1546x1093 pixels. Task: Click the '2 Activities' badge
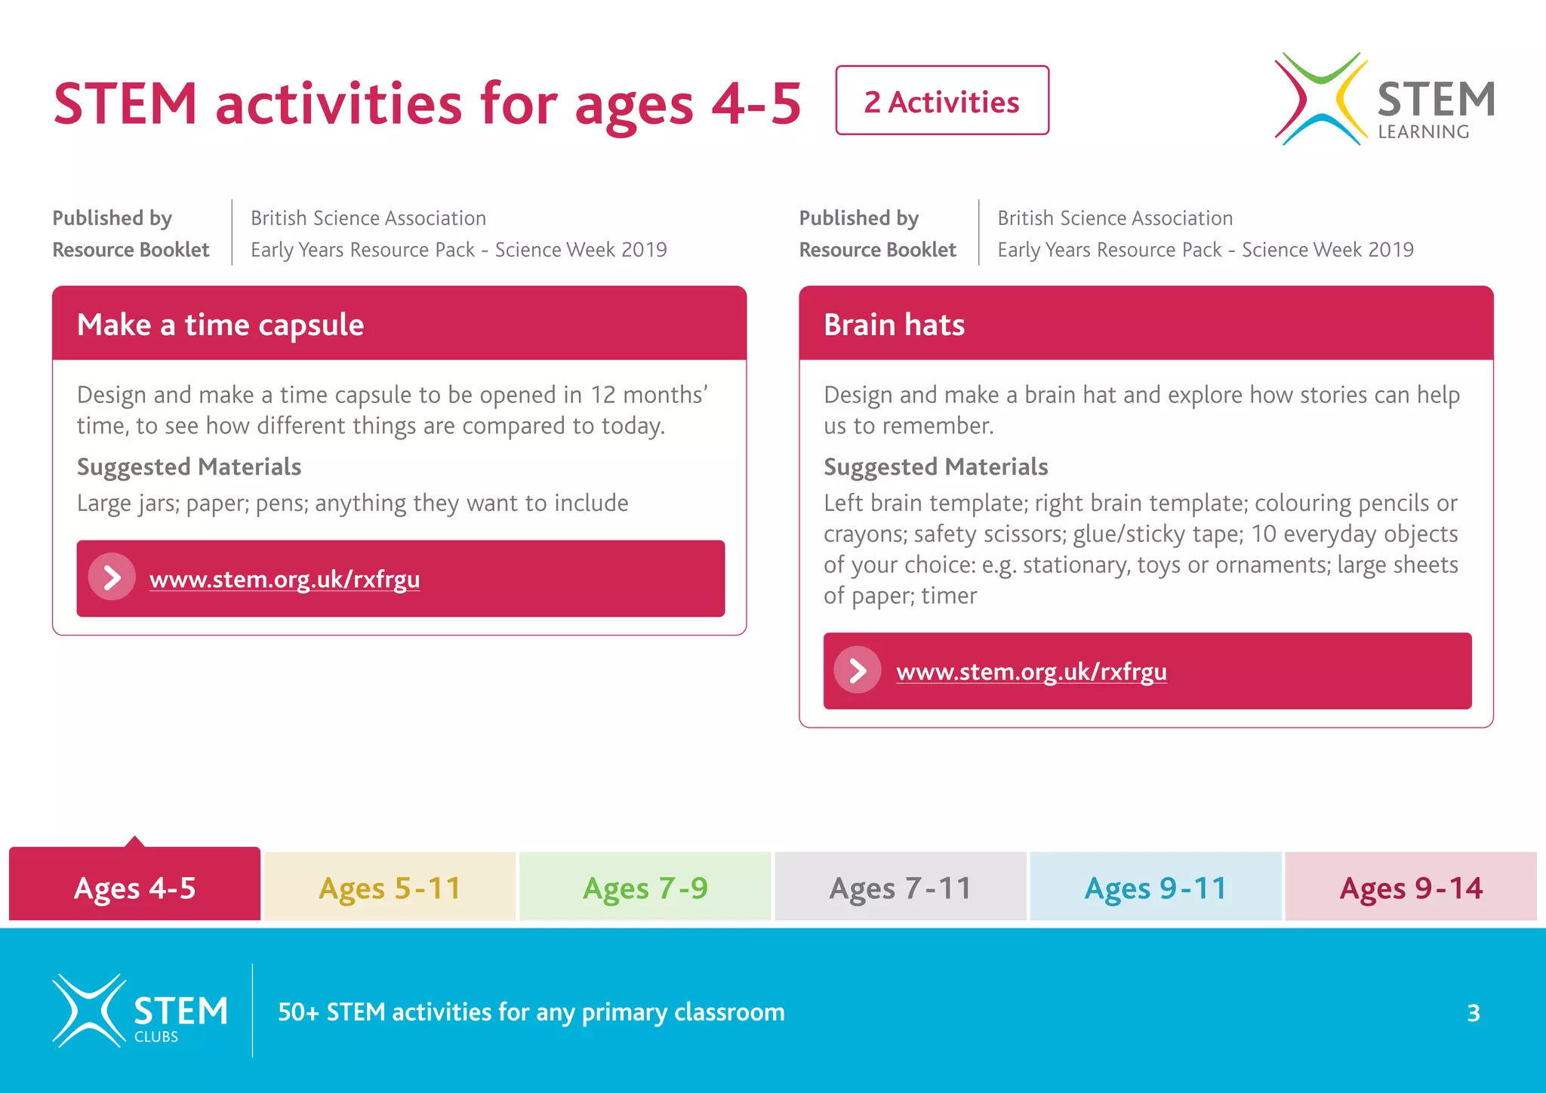pyautogui.click(x=941, y=101)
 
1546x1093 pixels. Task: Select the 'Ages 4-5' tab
pyautogui.click(x=134, y=887)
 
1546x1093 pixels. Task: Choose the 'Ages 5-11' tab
pyautogui.click(x=390, y=887)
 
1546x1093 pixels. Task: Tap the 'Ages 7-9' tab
pyautogui.click(x=645, y=887)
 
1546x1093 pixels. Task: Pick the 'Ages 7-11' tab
pyautogui.click(x=900, y=887)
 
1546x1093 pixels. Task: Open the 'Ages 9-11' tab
pyautogui.click(x=1155, y=887)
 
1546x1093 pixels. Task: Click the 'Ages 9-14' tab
pyautogui.click(x=1410, y=887)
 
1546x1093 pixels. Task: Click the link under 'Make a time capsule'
pyautogui.click(x=285, y=579)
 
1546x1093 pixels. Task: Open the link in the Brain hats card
pyautogui.click(x=1031, y=671)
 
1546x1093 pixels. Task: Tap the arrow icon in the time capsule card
pyautogui.click(x=112, y=578)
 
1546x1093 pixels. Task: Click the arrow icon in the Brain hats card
pyautogui.click(x=858, y=670)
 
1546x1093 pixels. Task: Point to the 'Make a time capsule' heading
pyautogui.click(x=220, y=325)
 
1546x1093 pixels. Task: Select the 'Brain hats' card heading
pyautogui.click(x=894, y=325)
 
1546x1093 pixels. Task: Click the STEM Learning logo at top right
pyautogui.click(x=1384, y=100)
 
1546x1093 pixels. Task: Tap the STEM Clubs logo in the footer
pyautogui.click(x=140, y=1011)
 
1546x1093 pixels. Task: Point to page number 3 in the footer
pyautogui.click(x=1473, y=1012)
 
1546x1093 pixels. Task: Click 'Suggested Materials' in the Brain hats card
pyautogui.click(x=935, y=466)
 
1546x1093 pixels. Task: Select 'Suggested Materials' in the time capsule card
pyautogui.click(x=189, y=466)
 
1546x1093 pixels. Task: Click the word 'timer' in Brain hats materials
pyautogui.click(x=949, y=596)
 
